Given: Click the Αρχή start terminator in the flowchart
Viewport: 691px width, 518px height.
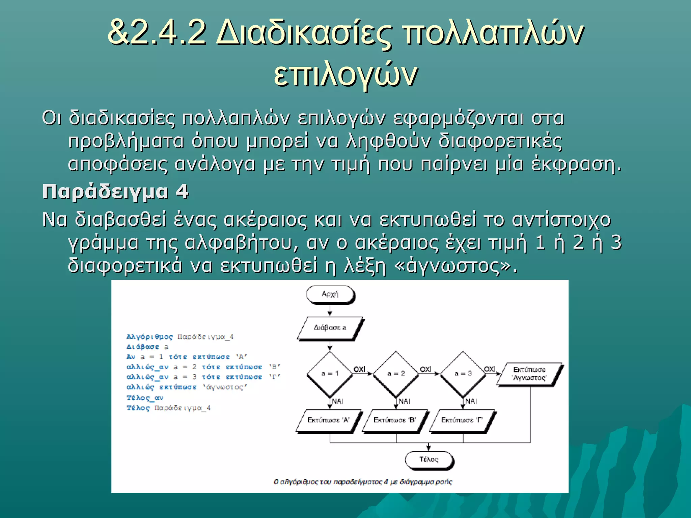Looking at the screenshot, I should click(x=330, y=294).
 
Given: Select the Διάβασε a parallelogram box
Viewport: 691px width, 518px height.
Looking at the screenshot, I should click(x=330, y=327).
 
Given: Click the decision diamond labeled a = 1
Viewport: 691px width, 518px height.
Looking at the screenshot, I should click(x=330, y=373).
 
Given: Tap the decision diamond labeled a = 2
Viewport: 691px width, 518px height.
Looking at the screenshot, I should click(x=396, y=373).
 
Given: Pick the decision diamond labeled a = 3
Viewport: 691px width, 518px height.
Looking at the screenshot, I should click(x=463, y=373).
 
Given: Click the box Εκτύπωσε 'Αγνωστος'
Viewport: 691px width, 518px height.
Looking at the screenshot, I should click(x=529, y=374).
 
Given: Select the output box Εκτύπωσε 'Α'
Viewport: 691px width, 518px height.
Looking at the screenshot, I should click(x=328, y=420).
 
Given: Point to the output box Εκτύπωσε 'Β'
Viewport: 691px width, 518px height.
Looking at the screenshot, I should click(x=394, y=420).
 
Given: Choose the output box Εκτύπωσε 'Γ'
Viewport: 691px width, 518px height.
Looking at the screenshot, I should click(x=462, y=420).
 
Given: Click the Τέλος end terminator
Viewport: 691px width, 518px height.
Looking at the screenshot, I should click(x=429, y=460).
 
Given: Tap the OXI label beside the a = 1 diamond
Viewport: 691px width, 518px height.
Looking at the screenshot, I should click(x=359, y=369).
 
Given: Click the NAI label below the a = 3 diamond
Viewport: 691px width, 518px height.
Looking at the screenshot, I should click(x=471, y=401).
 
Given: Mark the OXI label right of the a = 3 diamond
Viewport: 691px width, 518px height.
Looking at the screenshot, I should click(x=490, y=369).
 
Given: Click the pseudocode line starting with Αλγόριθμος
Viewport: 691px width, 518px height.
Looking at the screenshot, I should click(x=180, y=337).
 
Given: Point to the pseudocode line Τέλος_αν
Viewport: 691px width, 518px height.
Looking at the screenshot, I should click(x=145, y=398).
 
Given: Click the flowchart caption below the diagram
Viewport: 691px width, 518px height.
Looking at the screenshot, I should click(x=363, y=482).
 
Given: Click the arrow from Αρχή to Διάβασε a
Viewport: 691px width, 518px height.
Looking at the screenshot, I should click(x=330, y=310).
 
